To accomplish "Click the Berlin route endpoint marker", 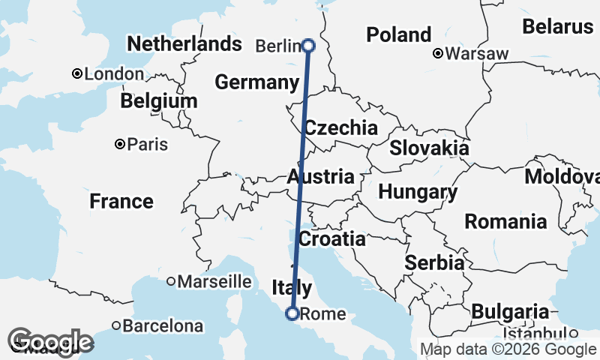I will [x=308, y=46].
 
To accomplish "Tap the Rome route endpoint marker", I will [x=292, y=313].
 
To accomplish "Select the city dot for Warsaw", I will [x=438, y=53].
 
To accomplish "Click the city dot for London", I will [x=76, y=73].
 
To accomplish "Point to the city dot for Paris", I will [x=119, y=143].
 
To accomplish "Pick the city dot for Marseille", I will [x=171, y=281].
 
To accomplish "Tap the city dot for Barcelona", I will [x=116, y=325].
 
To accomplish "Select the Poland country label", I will [x=398, y=34].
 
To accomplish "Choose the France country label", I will [x=121, y=201].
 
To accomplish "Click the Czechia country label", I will [x=340, y=127].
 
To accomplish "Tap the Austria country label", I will [x=320, y=177].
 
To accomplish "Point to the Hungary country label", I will [x=418, y=192].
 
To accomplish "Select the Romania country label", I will [x=505, y=221].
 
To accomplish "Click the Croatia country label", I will [x=331, y=239].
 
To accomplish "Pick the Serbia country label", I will [x=433, y=262].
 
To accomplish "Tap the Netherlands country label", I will [x=184, y=44].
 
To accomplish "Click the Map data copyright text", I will [x=507, y=349].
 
